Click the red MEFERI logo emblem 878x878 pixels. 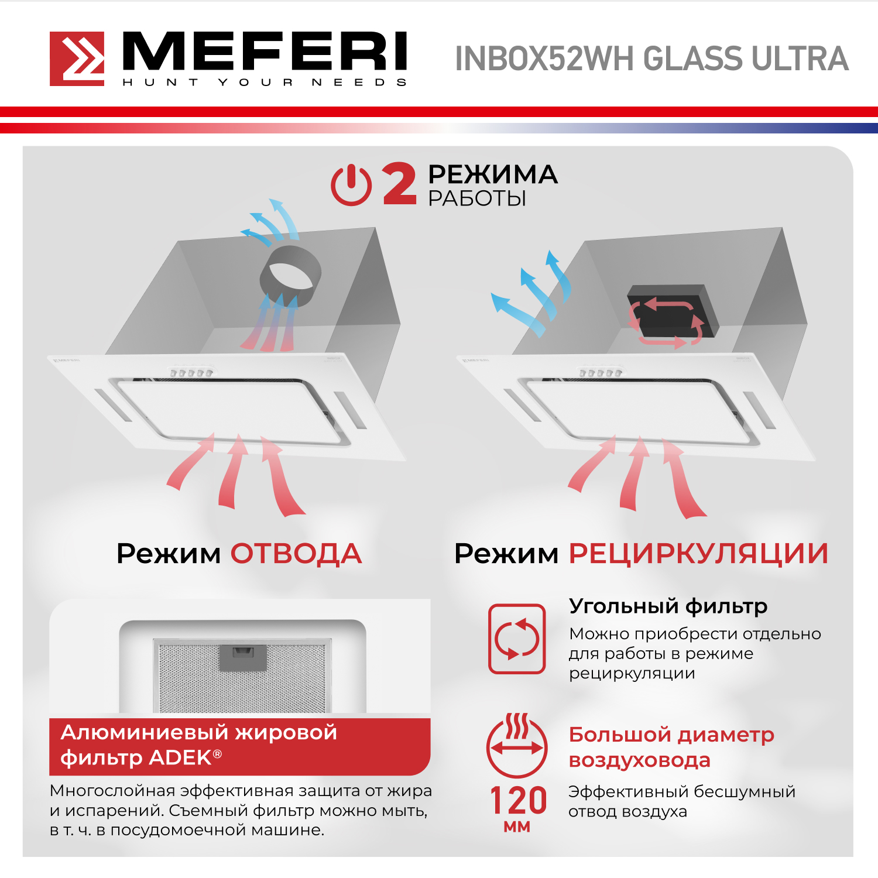pos(77,59)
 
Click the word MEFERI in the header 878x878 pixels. pos(265,52)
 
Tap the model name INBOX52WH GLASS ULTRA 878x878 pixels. pos(651,59)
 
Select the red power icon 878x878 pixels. pos(351,185)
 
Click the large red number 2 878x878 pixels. pos(400,184)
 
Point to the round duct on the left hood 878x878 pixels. pos(290,275)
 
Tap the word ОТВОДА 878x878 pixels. pos(296,554)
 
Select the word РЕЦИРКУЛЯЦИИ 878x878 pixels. pos(699,554)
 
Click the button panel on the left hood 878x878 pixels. pos(191,372)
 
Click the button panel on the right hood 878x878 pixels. pos(601,372)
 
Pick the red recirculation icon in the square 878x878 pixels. pos(517,639)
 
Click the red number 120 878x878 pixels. pos(518,800)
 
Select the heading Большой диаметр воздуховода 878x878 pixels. pos(671,747)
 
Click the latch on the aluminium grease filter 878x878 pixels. pos(243,657)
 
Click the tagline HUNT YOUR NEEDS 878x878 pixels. pos(265,83)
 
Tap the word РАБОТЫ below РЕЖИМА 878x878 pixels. pos(477,199)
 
